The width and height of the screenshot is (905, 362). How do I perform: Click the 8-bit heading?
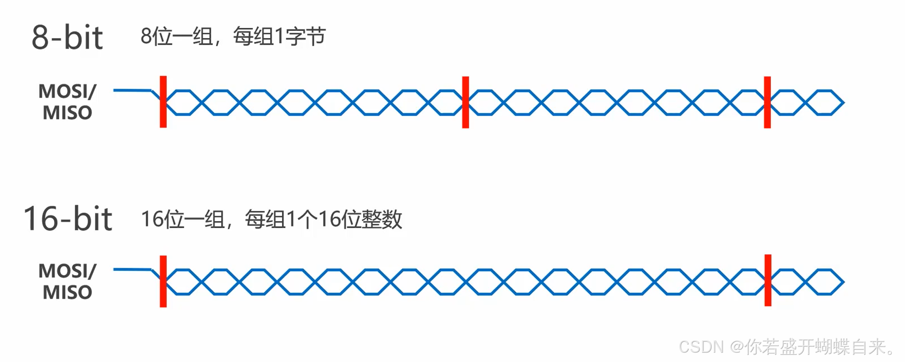[x=67, y=38]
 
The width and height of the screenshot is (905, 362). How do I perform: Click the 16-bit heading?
[x=68, y=219]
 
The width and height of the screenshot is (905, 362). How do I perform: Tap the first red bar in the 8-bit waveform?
[x=163, y=102]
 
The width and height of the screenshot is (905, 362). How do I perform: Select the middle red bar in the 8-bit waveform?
[x=465, y=102]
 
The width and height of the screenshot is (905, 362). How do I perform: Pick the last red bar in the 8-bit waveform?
[x=767, y=102]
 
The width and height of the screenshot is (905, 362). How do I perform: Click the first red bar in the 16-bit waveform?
[x=163, y=281]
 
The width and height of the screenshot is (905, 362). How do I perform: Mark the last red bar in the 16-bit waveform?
[x=768, y=280]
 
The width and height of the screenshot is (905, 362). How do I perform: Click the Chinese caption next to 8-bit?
[x=233, y=36]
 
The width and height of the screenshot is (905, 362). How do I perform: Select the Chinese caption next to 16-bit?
[x=272, y=219]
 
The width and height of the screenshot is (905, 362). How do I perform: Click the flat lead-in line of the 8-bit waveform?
[x=132, y=90]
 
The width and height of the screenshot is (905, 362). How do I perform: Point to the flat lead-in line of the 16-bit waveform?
[x=132, y=269]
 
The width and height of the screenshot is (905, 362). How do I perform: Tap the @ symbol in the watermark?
[x=737, y=347]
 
